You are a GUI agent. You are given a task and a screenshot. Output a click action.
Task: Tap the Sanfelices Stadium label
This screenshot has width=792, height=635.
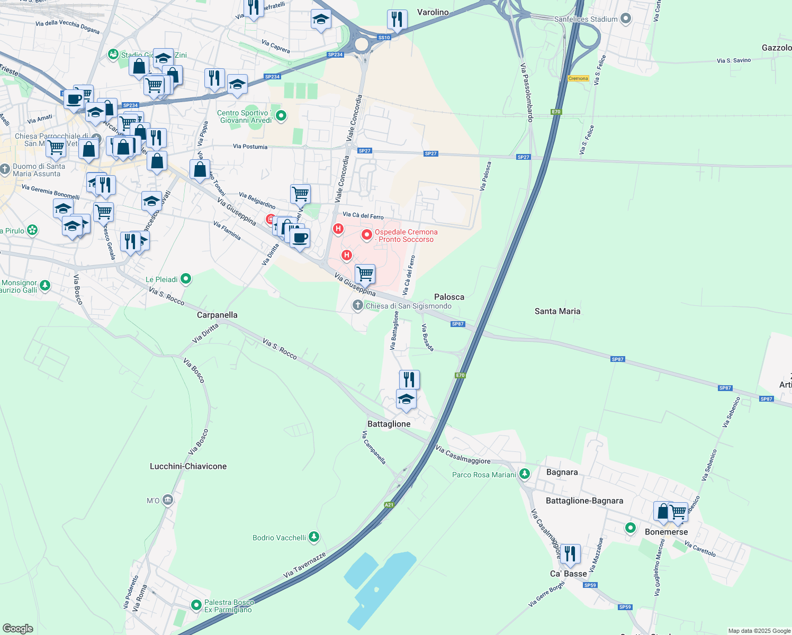click(586, 20)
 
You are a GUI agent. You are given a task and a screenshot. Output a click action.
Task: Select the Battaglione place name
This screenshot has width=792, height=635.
click(389, 424)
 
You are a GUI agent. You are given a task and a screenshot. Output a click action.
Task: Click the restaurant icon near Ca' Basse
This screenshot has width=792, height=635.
click(570, 554)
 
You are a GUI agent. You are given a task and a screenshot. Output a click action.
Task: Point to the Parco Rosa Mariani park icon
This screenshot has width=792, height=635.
click(524, 474)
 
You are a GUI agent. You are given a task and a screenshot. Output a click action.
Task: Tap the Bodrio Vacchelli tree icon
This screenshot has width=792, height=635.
click(314, 538)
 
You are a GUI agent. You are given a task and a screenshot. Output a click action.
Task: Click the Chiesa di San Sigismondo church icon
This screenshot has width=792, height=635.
click(358, 305)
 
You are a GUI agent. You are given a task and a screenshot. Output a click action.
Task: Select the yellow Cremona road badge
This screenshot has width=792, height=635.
click(578, 78)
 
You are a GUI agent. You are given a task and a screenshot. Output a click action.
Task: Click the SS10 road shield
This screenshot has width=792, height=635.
click(384, 38)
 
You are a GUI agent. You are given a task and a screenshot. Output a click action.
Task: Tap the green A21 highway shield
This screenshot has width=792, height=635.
click(389, 505)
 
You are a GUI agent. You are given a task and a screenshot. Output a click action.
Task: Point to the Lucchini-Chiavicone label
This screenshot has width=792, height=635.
click(188, 466)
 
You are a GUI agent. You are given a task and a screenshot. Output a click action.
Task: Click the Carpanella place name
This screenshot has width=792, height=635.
click(217, 315)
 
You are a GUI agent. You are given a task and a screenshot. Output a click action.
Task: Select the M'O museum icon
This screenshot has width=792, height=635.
click(168, 500)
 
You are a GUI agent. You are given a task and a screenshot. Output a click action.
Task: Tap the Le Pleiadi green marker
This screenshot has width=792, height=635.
click(186, 279)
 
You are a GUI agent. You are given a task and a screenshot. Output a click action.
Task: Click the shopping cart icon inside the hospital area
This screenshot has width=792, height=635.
click(365, 274)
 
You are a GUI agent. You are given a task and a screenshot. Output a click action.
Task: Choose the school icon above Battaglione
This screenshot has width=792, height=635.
click(406, 399)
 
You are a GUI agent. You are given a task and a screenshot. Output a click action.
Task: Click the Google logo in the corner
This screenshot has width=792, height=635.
click(17, 629)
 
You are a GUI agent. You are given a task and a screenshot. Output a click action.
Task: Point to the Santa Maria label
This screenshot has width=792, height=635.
click(557, 311)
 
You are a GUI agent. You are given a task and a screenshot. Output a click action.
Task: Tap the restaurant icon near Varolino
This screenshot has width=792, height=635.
click(397, 20)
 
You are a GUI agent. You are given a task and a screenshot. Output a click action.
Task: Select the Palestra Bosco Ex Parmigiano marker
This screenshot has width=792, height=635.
click(196, 604)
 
